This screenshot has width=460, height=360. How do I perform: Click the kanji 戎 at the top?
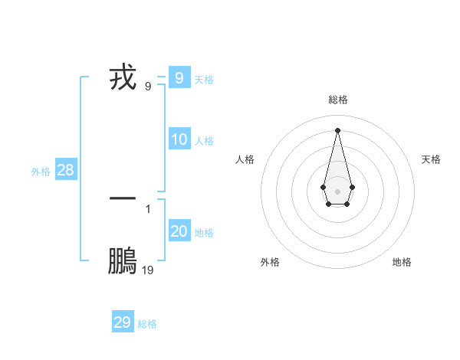pos(123,78)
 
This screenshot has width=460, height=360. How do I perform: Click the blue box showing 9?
pos(179,78)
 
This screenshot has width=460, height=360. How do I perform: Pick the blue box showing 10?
pos(179,139)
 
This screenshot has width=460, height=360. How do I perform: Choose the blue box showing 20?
pos(179,231)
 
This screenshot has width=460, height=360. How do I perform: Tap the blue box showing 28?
pos(65,170)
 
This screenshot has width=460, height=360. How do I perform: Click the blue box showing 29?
pos(122,322)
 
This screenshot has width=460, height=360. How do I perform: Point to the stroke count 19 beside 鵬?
pos(147,270)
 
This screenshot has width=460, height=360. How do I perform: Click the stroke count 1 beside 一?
pos(148,208)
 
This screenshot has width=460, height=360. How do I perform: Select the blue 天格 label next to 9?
pos(204,79)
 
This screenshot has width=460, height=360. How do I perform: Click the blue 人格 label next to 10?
pos(204,141)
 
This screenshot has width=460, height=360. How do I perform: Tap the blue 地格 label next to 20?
pos(204,233)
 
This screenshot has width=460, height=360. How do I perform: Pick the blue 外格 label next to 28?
pos(41,172)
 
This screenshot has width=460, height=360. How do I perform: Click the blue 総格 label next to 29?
pos(147,324)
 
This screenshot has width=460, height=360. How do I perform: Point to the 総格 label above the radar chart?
pos(337,100)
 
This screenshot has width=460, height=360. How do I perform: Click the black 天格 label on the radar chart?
pos(431,159)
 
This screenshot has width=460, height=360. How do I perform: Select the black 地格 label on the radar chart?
pos(402,262)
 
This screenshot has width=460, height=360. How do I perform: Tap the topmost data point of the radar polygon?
pos(337,129)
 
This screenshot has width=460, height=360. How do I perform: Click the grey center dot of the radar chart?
pos(337,191)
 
